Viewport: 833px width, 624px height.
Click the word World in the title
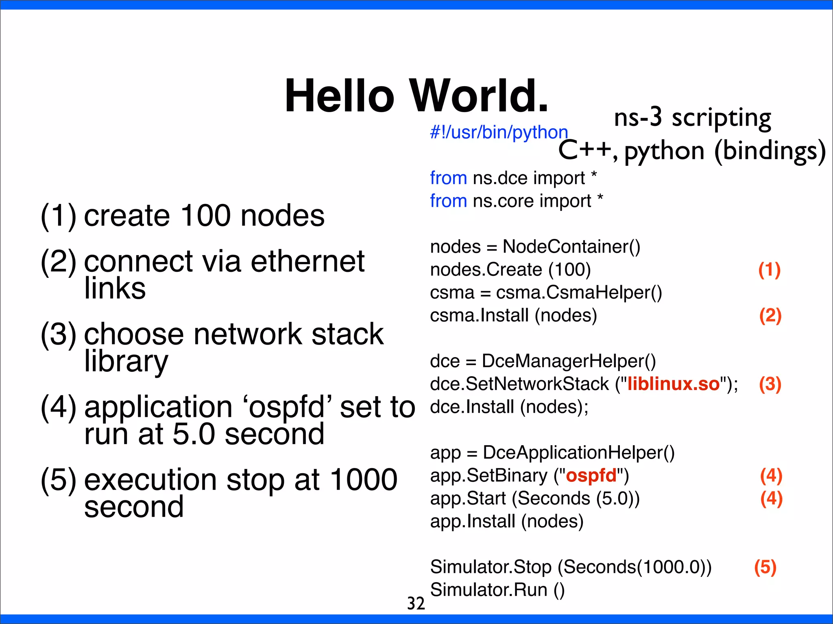pyautogui.click(x=479, y=96)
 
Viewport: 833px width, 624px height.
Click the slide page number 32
pyautogui.click(x=416, y=604)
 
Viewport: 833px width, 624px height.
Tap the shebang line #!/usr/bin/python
pyautogui.click(x=499, y=132)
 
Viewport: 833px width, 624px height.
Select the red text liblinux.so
pyautogui.click(x=673, y=384)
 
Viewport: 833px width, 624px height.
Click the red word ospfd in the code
pyautogui.click(x=591, y=475)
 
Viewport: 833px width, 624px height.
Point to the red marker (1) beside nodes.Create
pyautogui.click(x=769, y=270)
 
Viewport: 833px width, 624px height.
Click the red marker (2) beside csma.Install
pyautogui.click(x=770, y=316)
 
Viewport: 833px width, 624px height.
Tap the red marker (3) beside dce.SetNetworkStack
pyautogui.click(x=770, y=384)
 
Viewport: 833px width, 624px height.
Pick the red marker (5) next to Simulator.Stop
pyautogui.click(x=765, y=567)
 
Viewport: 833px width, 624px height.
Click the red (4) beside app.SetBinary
pyautogui.click(x=771, y=476)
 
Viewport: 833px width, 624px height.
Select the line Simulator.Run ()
pyautogui.click(x=497, y=590)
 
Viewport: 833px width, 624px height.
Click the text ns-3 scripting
pyautogui.click(x=692, y=118)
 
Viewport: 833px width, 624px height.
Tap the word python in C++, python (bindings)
pyautogui.click(x=664, y=151)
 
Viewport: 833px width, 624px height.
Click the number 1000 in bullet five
pyautogui.click(x=363, y=480)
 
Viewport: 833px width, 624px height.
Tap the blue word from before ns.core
pyautogui.click(x=448, y=201)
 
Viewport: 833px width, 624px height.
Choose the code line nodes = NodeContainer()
pyautogui.click(x=535, y=247)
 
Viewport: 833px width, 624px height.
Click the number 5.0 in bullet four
pyautogui.click(x=194, y=434)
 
